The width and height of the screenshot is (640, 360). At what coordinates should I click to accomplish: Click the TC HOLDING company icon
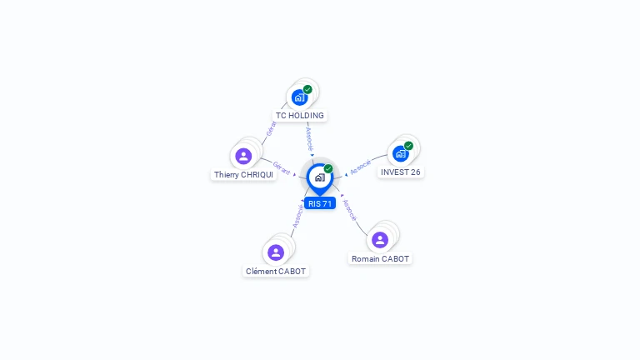[300, 98]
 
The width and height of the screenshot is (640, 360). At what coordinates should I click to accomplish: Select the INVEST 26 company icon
[400, 154]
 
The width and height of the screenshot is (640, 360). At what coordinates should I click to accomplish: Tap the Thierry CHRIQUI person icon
[243, 156]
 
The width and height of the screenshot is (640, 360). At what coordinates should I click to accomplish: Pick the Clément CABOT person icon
[276, 252]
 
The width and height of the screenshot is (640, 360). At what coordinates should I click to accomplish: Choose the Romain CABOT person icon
[380, 240]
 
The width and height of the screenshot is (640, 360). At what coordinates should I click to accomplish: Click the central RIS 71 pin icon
[320, 179]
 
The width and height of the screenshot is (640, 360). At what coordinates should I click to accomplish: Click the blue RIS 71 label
[320, 203]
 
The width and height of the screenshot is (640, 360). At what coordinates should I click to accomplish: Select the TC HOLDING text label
[300, 116]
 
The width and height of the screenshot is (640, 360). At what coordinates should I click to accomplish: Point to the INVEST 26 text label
[400, 172]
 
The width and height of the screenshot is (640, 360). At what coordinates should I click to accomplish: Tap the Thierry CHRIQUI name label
[243, 175]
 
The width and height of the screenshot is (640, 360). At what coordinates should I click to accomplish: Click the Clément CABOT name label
[276, 272]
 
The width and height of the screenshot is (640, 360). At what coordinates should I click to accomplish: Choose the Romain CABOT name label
[380, 259]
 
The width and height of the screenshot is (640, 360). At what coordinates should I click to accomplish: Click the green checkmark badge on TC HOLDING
[307, 89]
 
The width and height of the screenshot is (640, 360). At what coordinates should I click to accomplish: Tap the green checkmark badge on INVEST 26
[408, 146]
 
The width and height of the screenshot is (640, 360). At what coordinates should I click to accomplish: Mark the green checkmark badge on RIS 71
[328, 168]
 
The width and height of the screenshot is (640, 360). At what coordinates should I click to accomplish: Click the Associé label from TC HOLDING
[309, 139]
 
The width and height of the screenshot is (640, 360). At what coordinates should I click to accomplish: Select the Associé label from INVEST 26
[360, 167]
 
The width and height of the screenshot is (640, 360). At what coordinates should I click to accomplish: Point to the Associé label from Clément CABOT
[298, 216]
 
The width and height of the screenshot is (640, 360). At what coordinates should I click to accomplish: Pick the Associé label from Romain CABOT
[349, 210]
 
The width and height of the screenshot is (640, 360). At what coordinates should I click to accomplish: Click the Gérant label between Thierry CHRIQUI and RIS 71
[281, 167]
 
